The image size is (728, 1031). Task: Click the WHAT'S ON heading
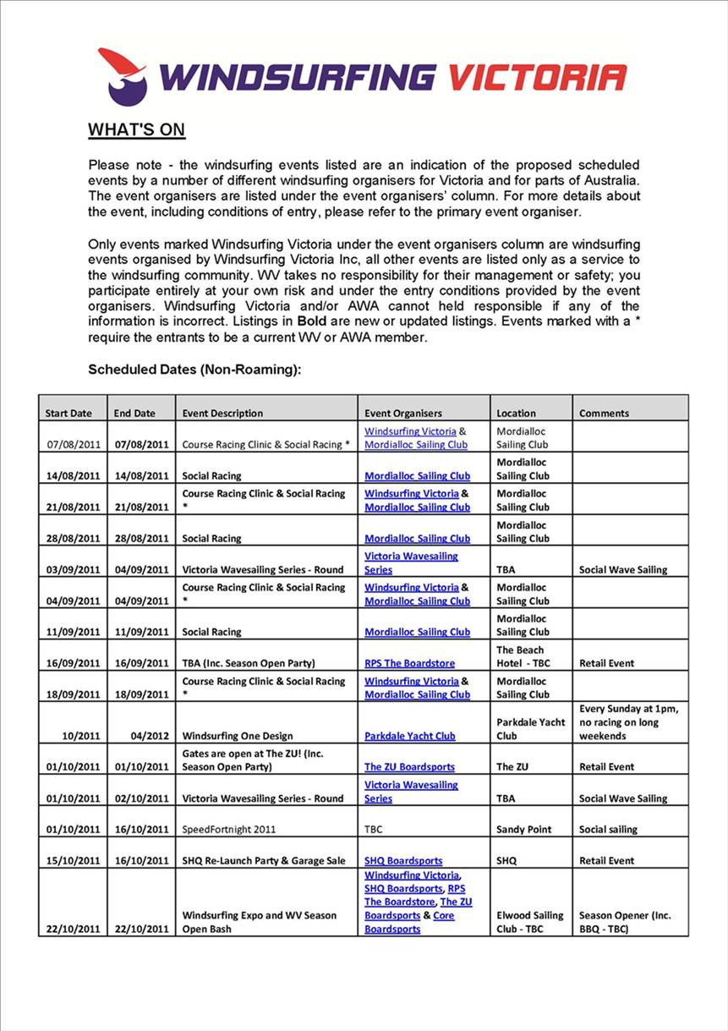pos(136,130)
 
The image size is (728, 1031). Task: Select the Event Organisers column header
pos(402,414)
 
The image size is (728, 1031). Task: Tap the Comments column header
pos(604,414)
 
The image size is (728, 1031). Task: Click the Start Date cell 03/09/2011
pos(74,570)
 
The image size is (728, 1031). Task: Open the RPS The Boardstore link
pos(409,664)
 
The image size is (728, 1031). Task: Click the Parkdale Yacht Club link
pos(409,736)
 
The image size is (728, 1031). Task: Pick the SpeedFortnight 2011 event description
pos(229,830)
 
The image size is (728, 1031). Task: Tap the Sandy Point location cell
pos(523,830)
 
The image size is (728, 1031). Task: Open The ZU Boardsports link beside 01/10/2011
pos(409,767)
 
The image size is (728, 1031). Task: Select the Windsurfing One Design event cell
pos(237,736)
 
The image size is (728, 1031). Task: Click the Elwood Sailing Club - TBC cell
pos(529,922)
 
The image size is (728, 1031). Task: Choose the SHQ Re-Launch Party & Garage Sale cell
pos(264,861)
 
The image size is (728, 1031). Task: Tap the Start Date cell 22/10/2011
pos(74,930)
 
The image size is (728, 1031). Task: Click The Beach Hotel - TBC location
pos(523,657)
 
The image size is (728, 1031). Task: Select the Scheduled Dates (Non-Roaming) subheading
pos(194,370)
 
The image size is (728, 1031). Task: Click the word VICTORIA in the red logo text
pos(537,77)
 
